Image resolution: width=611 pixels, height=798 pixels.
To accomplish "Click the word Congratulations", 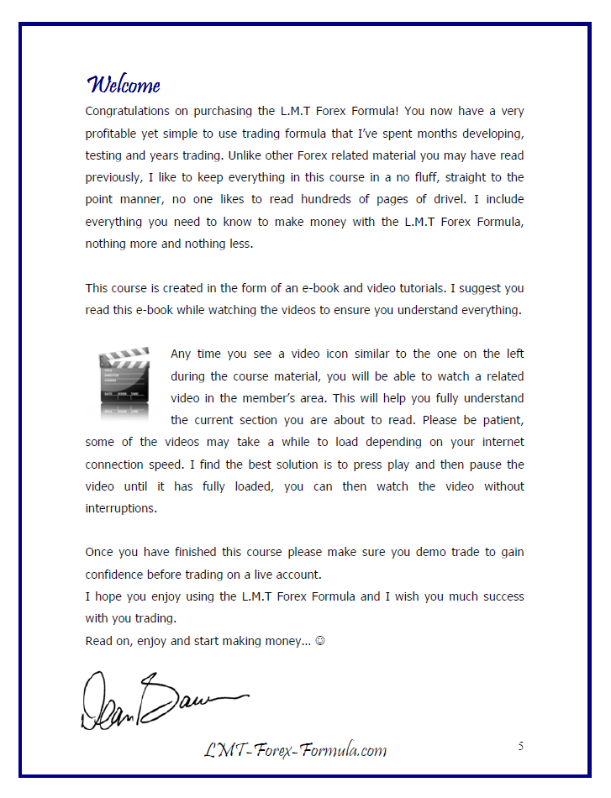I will (x=127, y=111).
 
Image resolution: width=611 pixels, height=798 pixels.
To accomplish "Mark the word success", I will (x=501, y=596).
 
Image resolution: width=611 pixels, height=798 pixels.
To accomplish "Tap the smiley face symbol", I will (x=320, y=641).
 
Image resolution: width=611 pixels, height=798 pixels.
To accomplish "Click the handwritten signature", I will (x=155, y=698).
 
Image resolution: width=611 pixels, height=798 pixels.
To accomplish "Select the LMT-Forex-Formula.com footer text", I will (x=295, y=749).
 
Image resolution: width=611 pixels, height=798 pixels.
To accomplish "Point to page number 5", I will (x=520, y=746).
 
